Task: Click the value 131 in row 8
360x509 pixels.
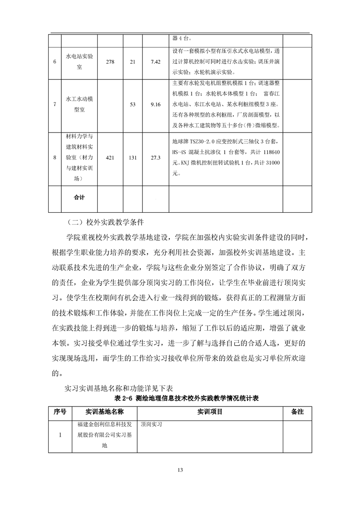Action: (133, 157)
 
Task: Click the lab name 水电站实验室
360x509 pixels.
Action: (79, 62)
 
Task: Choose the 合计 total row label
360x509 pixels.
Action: (79, 197)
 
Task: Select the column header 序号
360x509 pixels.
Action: (60, 412)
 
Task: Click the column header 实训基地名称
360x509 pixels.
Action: (104, 412)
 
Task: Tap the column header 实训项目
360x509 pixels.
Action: (209, 412)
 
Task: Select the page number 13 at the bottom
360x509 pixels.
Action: (180, 469)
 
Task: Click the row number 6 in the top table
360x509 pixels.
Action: (55, 62)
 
